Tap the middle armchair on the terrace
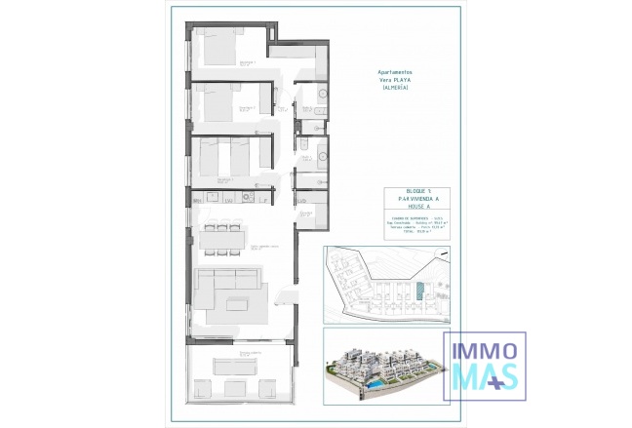pyautogui.click(x=238, y=389)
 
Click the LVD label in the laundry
pyautogui.click(x=303, y=201)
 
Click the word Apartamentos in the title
pyautogui.click(x=395, y=72)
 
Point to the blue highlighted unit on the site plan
pyautogui.click(x=420, y=292)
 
